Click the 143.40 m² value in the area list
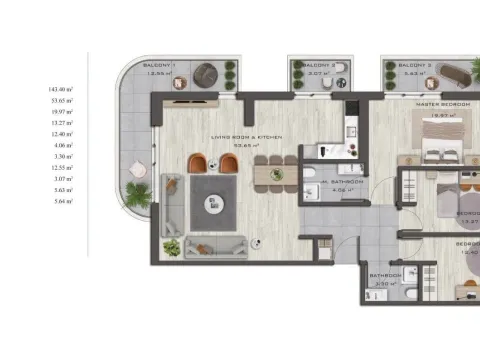pyautogui.click(x=61, y=89)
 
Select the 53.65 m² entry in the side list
pyautogui.click(x=61, y=101)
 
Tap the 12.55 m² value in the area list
pyautogui.click(x=61, y=168)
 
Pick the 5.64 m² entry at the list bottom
pyautogui.click(x=61, y=202)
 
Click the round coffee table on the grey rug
pyautogui.click(x=211, y=204)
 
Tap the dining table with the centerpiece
pyautogui.click(x=276, y=174)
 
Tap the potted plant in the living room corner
pyautogui.click(x=171, y=247)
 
